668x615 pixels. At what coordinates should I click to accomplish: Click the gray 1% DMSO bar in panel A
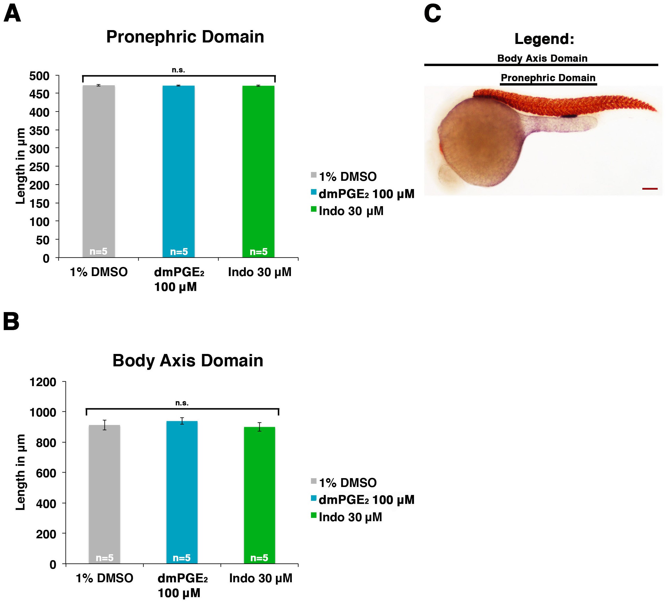[99, 171]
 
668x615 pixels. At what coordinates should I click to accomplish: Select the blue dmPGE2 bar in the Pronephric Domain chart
[179, 171]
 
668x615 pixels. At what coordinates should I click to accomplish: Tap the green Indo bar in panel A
[258, 172]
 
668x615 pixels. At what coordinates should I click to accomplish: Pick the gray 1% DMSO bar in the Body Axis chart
[104, 495]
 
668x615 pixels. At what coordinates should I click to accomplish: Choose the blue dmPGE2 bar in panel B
[182, 493]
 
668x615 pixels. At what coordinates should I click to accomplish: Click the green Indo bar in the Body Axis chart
[259, 496]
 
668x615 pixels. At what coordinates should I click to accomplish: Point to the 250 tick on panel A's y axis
[39, 167]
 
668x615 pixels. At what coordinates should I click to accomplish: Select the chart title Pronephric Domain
[185, 37]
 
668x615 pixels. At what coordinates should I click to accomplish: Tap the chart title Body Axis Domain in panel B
[188, 360]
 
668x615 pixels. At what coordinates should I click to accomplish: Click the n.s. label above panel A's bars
[179, 70]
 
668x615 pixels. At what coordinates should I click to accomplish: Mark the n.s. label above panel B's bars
[182, 403]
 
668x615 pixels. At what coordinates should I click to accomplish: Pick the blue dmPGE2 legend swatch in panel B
[314, 498]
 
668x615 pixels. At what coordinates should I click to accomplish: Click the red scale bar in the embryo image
[650, 189]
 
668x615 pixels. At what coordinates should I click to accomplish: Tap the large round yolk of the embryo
[479, 142]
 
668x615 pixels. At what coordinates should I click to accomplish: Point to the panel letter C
[433, 14]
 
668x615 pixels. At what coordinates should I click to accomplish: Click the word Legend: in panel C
[544, 39]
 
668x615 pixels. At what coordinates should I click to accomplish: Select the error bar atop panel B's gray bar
[104, 425]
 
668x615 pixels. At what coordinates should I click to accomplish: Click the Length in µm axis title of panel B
[21, 472]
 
